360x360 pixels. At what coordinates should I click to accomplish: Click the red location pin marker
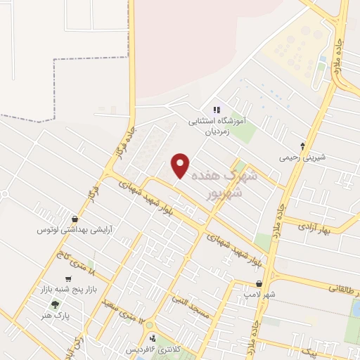[181, 165]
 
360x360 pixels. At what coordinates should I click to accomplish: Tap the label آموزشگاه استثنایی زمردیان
[220, 126]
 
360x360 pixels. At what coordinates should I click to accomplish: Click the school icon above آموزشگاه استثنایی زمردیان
[217, 110]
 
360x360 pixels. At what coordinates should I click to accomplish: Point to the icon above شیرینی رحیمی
[302, 146]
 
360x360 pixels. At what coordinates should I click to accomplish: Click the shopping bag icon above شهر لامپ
[259, 283]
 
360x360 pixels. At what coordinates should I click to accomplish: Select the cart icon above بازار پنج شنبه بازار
[67, 279]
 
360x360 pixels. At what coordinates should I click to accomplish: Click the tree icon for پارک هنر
[55, 304]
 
